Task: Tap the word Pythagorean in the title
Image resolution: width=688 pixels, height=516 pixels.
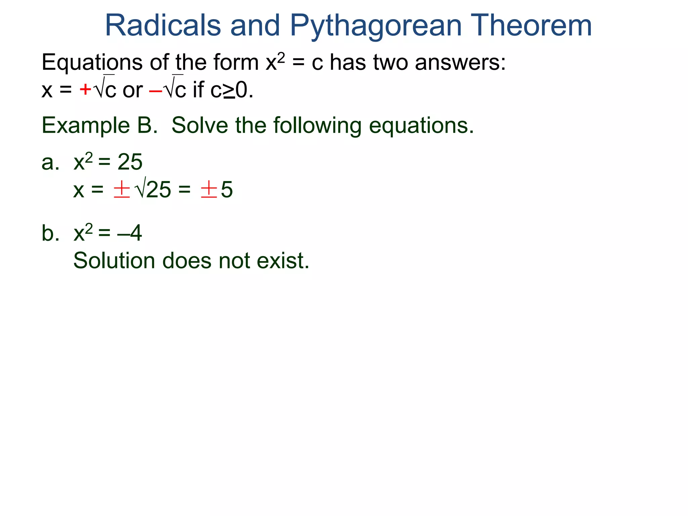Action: point(375,26)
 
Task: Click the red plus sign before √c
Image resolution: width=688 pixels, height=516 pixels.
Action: point(85,90)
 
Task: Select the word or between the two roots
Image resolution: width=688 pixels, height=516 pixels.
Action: point(133,91)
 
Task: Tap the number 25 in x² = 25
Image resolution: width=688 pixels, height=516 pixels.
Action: point(130,162)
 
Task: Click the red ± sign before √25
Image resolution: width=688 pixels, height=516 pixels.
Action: point(122,189)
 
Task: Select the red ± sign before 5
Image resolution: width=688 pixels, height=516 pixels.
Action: point(209,189)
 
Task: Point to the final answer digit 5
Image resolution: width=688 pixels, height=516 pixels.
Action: point(227,190)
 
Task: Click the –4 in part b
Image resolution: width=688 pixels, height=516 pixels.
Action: point(130,233)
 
